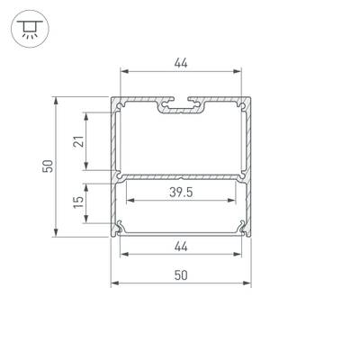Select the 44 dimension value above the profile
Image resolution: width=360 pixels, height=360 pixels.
click(x=181, y=63)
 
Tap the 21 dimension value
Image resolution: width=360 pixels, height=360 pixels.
click(x=78, y=139)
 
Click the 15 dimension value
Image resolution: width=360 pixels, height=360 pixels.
click(x=78, y=206)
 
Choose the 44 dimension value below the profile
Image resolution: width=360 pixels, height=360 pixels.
click(x=181, y=246)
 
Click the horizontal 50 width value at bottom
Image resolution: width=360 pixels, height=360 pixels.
click(x=181, y=275)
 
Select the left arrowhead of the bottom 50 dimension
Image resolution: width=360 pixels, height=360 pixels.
click(x=113, y=285)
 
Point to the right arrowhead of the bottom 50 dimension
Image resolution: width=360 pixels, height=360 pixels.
click(x=248, y=285)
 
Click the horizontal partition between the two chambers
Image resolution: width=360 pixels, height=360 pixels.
click(x=181, y=173)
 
